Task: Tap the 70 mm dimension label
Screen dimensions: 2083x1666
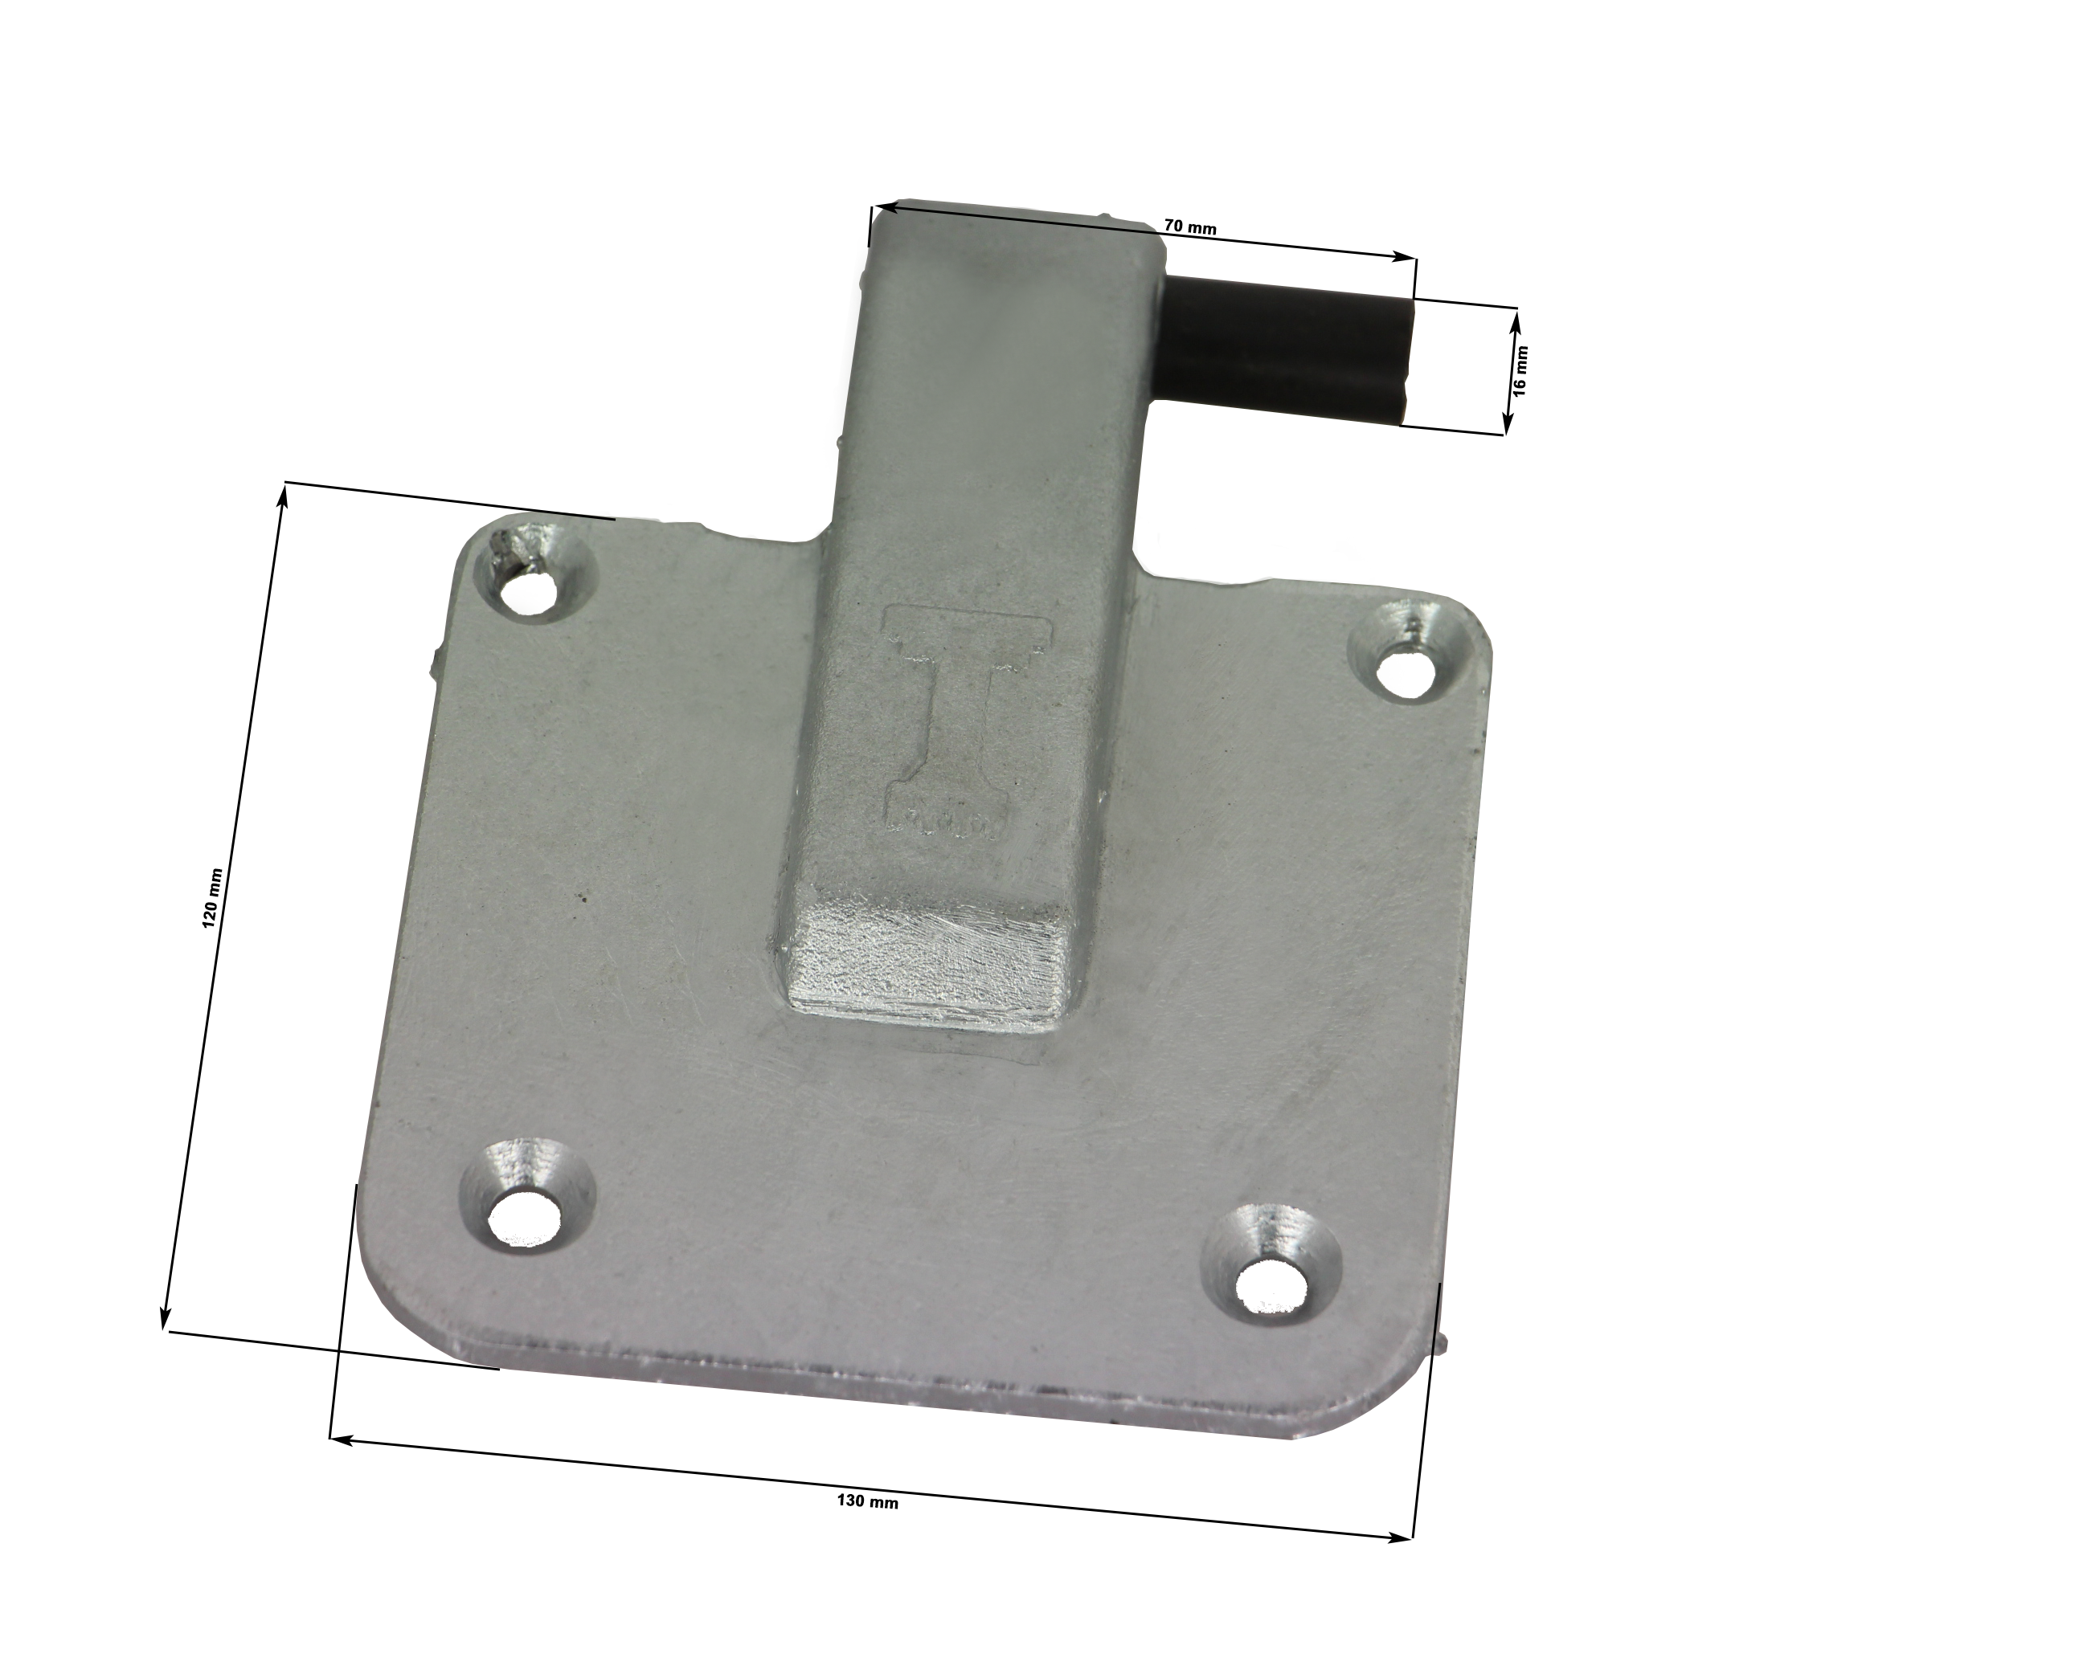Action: pyautogui.click(x=1189, y=228)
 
